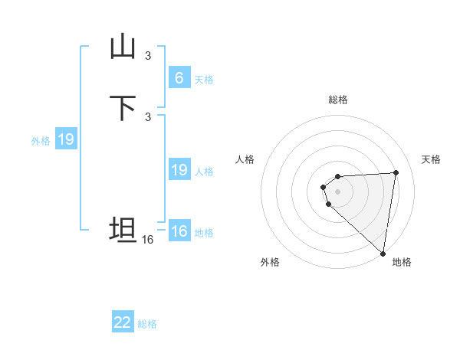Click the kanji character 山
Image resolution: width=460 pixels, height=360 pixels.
[x=123, y=47]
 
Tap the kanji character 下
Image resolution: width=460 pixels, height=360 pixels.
[x=123, y=108]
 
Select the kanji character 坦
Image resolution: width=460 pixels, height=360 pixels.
[x=123, y=230]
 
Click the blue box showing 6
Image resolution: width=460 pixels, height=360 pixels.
[x=179, y=77]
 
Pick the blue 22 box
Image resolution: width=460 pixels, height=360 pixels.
[x=123, y=322]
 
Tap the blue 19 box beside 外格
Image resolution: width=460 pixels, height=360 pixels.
[x=65, y=139]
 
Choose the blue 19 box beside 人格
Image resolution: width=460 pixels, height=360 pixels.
[x=179, y=170]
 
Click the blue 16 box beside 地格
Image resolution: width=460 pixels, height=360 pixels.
[x=179, y=231]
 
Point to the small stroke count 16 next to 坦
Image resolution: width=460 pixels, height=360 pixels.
[x=147, y=240]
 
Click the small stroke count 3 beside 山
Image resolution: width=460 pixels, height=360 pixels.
[x=148, y=55]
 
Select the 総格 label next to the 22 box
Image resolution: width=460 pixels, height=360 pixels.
[x=147, y=324]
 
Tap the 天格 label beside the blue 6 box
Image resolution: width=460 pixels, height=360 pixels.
[x=204, y=79]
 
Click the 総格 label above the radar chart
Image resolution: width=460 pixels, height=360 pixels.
[x=338, y=100]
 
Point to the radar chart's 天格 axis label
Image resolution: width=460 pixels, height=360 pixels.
[x=431, y=159]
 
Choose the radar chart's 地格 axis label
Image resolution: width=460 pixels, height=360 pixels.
[x=402, y=262]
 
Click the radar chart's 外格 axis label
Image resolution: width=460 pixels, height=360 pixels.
[x=270, y=262]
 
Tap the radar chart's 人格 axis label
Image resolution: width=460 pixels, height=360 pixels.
[x=245, y=159]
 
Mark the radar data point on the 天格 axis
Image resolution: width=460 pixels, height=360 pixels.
[x=396, y=172]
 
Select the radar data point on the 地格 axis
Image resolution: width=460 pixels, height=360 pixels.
[x=383, y=254]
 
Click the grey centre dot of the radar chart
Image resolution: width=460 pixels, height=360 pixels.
[x=337, y=191]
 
